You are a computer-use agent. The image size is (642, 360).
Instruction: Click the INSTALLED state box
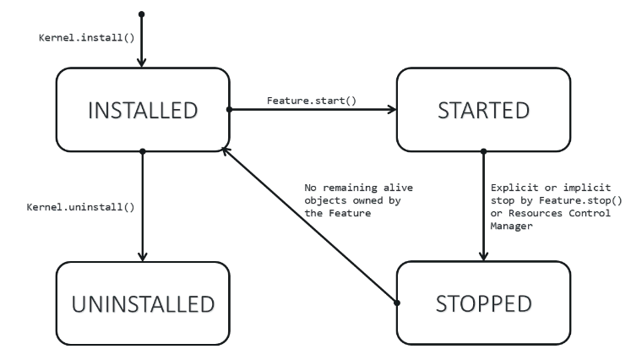[143, 110]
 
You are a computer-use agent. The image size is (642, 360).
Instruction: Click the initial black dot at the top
[143, 14]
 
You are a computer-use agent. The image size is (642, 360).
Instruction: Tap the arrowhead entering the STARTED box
[393, 110]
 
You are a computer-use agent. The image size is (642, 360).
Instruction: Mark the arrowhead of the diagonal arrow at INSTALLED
[225, 149]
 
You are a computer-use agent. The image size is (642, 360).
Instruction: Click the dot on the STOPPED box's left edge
[398, 302]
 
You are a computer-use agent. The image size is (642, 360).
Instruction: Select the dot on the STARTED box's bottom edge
[484, 152]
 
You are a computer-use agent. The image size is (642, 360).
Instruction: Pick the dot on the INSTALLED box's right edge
[229, 110]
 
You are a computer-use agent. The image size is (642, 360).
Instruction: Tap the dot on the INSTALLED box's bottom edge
[143, 152]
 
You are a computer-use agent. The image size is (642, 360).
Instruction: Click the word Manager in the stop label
[511, 224]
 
